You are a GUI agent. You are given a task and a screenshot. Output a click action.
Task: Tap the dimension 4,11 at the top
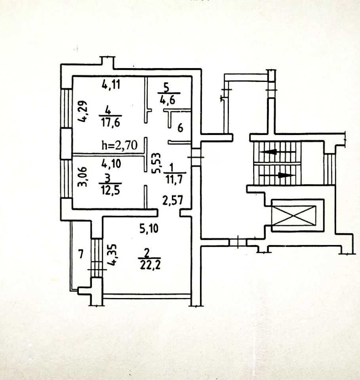(x=110, y=84)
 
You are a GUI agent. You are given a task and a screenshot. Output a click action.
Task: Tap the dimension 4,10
(x=110, y=162)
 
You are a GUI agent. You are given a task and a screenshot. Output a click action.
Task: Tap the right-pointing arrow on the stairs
(x=284, y=175)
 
